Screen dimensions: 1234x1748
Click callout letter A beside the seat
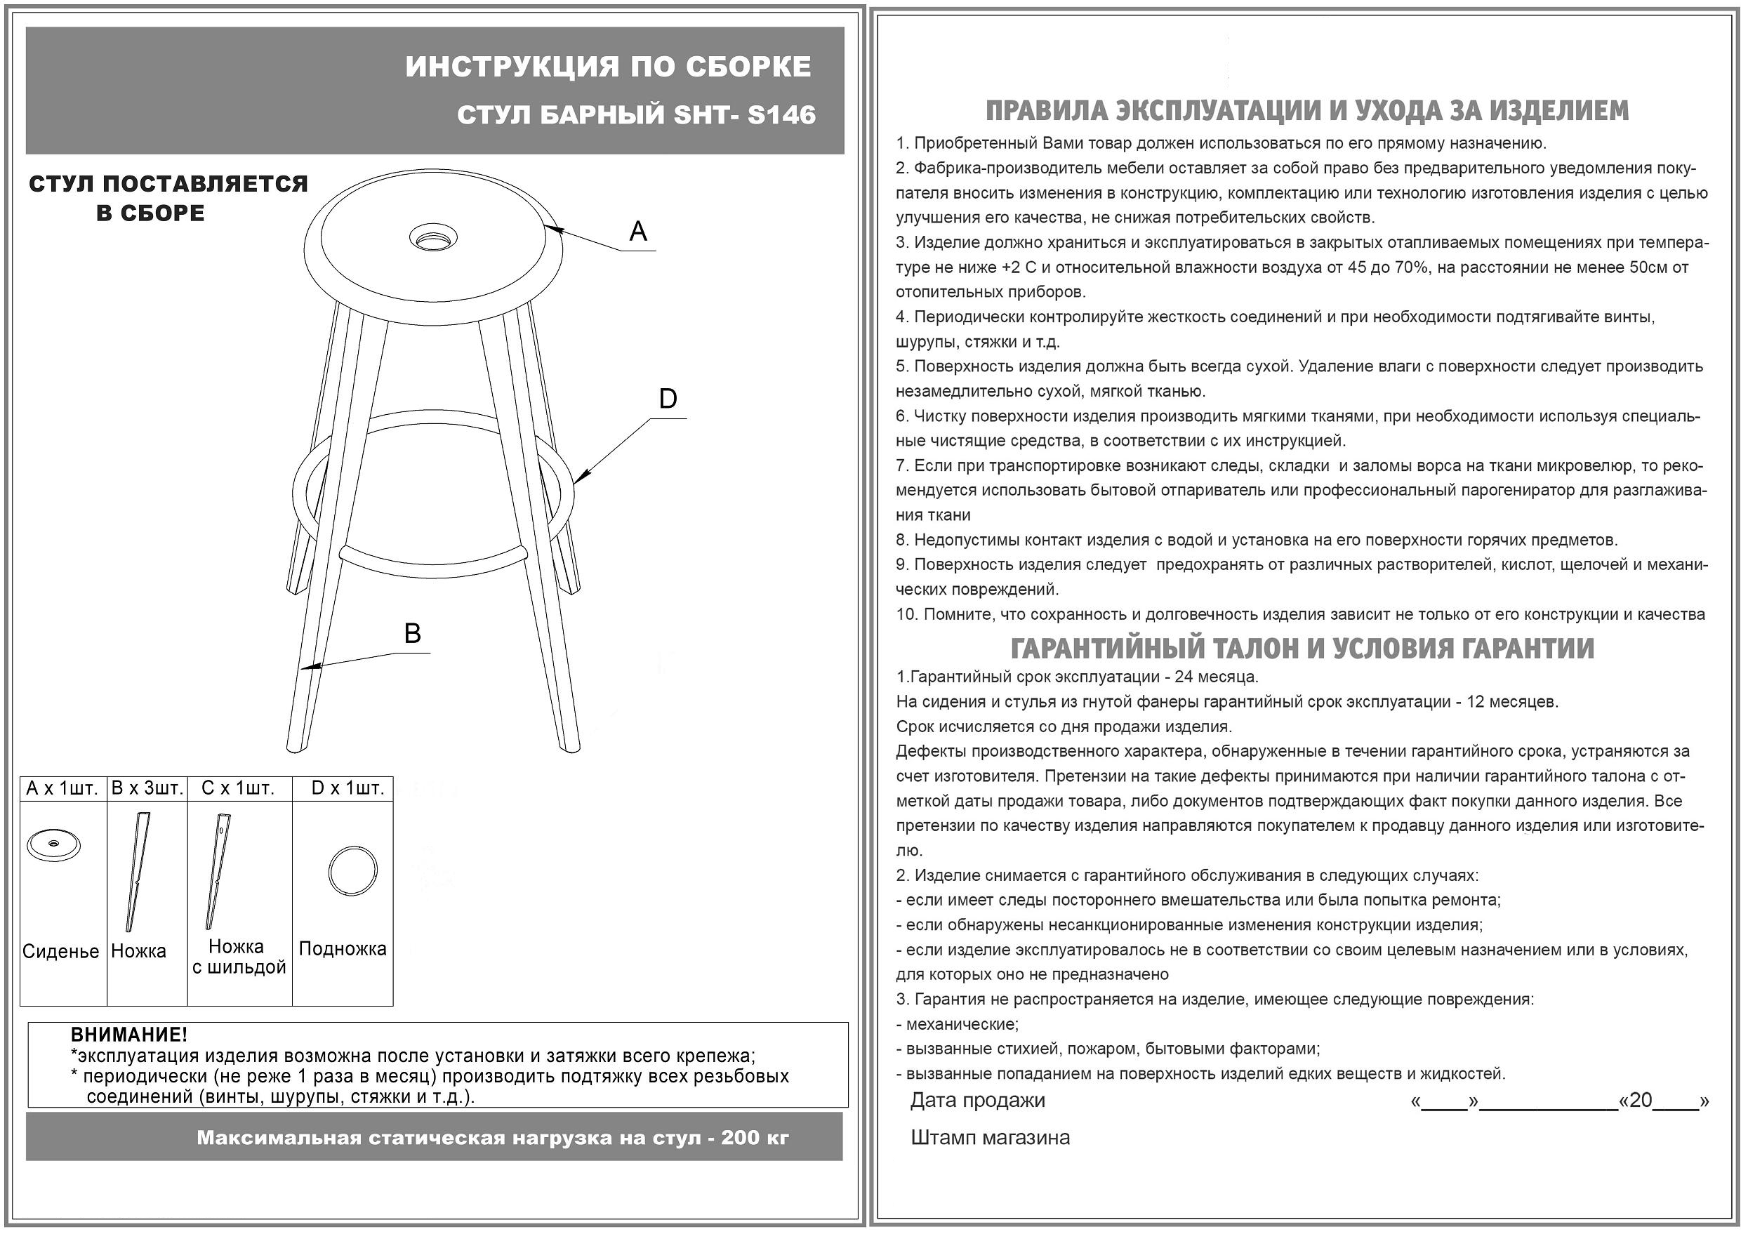pos(638,232)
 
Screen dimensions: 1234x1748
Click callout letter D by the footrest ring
pos(668,399)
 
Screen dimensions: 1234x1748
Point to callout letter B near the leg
pos(412,633)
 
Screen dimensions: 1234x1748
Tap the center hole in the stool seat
pos(434,237)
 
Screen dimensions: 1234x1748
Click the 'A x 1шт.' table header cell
pos(62,788)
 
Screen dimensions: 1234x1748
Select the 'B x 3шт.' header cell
pos(147,788)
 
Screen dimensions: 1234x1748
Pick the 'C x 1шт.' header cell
pos(237,788)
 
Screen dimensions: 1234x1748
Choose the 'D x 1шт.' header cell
pos(347,788)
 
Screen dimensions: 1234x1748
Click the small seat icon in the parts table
pos(53,844)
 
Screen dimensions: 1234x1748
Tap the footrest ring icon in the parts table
pos(352,871)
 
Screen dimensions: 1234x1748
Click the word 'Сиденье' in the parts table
pos(61,951)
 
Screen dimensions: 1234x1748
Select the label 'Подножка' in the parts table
pos(343,948)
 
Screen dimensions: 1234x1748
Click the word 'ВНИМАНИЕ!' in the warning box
pos(128,1035)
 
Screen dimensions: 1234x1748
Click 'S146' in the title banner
pos(781,115)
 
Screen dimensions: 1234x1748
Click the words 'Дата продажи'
pos(977,1100)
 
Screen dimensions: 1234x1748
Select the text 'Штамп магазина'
pos(990,1137)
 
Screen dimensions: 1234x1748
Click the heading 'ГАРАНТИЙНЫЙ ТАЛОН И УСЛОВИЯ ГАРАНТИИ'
pos(1302,649)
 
